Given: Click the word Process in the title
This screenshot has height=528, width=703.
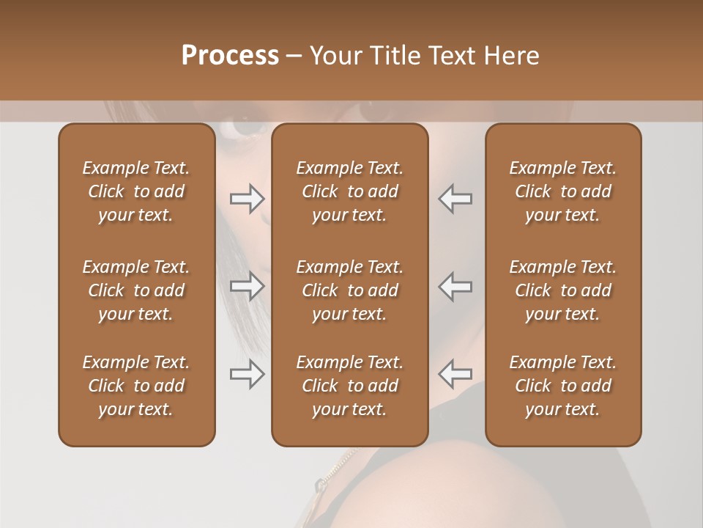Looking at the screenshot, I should (x=230, y=56).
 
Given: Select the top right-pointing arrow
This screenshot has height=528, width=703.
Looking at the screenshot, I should (x=248, y=198).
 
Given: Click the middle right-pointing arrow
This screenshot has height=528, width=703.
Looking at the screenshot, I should (x=248, y=286).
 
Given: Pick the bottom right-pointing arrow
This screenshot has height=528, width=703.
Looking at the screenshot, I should (x=248, y=374).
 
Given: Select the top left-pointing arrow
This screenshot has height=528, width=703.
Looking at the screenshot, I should (x=455, y=198).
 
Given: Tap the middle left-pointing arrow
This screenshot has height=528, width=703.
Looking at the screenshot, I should (x=455, y=286).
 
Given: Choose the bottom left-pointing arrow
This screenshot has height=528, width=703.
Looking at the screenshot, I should (x=455, y=374).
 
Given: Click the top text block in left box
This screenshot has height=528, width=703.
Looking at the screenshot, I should (x=136, y=191).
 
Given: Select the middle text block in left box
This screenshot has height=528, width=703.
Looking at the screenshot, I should (x=136, y=290).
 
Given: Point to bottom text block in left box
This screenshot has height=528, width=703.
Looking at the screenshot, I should (x=136, y=386).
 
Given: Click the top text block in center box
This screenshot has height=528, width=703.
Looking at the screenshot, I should (x=350, y=191).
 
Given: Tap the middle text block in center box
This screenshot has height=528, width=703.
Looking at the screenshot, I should (x=350, y=290).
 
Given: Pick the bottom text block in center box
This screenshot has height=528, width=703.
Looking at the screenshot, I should (x=350, y=386).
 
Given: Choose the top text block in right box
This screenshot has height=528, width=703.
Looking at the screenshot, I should (x=563, y=191).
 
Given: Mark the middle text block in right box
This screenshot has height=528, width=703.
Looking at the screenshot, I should (x=563, y=290).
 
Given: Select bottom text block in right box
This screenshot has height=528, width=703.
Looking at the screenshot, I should (x=563, y=386).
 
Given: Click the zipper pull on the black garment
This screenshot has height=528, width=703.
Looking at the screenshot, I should (x=320, y=485).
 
